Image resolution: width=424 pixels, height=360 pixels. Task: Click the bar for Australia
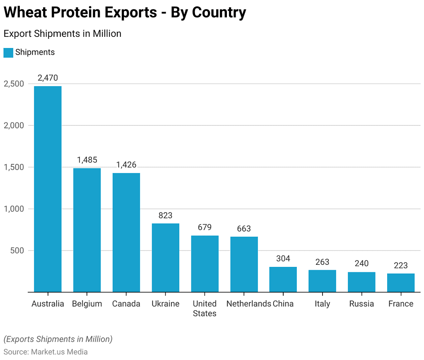point(48,189)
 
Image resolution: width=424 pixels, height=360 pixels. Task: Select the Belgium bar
point(87,230)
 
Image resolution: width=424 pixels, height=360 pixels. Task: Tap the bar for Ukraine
point(165,257)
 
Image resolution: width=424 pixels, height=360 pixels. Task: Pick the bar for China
point(283,279)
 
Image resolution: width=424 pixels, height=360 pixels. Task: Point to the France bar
point(400,283)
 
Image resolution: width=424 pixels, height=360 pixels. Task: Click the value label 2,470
point(48,78)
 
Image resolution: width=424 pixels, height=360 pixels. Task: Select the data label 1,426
point(126,165)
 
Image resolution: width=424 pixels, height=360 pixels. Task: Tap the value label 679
point(205,227)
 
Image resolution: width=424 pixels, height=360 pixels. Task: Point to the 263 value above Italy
point(322,262)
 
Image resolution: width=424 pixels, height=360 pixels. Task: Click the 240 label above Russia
point(361,264)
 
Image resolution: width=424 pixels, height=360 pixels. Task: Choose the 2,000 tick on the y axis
point(14,125)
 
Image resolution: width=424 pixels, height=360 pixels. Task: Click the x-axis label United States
point(205,309)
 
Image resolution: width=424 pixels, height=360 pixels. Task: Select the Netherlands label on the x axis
point(248,304)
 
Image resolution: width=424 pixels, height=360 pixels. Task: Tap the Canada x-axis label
point(126,304)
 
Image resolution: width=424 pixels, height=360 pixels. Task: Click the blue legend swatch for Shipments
point(8,53)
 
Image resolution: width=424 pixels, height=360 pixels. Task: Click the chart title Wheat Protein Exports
point(125,13)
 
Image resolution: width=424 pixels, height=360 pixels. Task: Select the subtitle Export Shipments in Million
point(63,34)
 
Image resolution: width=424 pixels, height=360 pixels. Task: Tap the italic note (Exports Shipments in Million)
point(58,339)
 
